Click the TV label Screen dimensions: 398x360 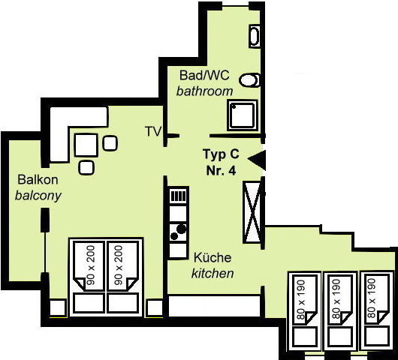pyautogui.click(x=153, y=131)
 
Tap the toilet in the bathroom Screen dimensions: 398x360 pyautogui.click(x=249, y=80)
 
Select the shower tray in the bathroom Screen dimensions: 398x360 pyautogui.click(x=243, y=115)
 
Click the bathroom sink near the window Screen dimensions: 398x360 pyautogui.click(x=255, y=36)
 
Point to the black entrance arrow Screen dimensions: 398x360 pyautogui.click(x=257, y=160)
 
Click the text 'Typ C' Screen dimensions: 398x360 pyautogui.click(x=221, y=154)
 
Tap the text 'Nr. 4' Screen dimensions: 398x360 pyautogui.click(x=221, y=170)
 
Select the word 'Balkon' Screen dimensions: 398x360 pyautogui.click(x=38, y=180)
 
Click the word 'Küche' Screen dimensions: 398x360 pyautogui.click(x=213, y=257)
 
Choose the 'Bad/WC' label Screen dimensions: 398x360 pyautogui.click(x=204, y=75)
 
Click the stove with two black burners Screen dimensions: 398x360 pyautogui.click(x=178, y=232)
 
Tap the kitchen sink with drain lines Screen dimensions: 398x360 pyautogui.click(x=179, y=196)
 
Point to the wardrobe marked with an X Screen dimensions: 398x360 pyautogui.click(x=252, y=212)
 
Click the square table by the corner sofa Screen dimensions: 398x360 pyautogui.click(x=86, y=145)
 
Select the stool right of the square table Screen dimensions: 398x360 pyautogui.click(x=110, y=143)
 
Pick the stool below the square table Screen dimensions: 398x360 pyautogui.click(x=86, y=167)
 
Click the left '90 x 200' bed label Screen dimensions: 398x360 pyautogui.click(x=91, y=265)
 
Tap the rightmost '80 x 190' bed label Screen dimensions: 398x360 pyautogui.click(x=371, y=298)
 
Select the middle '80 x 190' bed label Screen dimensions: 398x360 pyautogui.click(x=336, y=299)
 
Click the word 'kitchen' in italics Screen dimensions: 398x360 pyautogui.click(x=213, y=274)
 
